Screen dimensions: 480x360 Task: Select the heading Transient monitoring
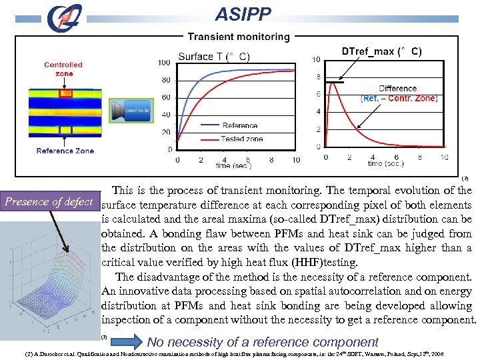[239, 37]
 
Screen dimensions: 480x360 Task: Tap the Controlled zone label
[63, 69]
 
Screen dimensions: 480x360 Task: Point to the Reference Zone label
[65, 151]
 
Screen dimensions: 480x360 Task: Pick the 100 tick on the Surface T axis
[164, 63]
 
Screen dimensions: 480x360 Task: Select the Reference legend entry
[239, 125]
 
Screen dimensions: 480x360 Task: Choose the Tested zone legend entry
[242, 139]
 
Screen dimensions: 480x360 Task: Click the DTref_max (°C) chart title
[381, 51]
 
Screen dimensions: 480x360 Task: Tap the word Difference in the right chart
[397, 89]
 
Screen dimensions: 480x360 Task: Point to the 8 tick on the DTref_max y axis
[318, 77]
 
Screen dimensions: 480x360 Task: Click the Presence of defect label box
[49, 201]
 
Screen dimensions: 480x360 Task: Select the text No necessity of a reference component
[263, 342]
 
